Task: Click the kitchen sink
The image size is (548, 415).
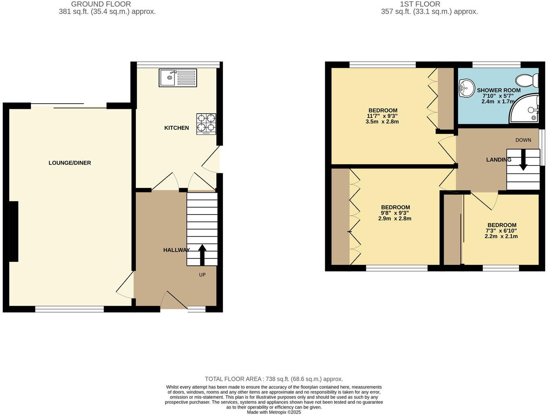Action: (x=178, y=78)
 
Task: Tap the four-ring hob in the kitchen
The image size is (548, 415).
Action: (x=206, y=124)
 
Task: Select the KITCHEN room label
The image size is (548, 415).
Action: (x=176, y=128)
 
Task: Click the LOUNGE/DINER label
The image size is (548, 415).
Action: (x=70, y=163)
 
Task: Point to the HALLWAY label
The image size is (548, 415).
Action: (x=176, y=250)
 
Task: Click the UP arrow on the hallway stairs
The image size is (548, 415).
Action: (x=202, y=254)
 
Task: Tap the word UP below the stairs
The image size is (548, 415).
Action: (x=202, y=275)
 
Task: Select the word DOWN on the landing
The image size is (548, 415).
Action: (x=523, y=140)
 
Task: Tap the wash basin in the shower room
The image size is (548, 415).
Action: (x=467, y=88)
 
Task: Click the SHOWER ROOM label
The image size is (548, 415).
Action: (x=498, y=90)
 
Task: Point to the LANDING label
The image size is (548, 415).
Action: (x=498, y=160)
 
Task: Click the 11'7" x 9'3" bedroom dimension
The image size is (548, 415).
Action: (x=382, y=116)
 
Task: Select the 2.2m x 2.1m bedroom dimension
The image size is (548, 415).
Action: (x=501, y=236)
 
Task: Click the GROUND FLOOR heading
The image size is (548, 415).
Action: (x=101, y=4)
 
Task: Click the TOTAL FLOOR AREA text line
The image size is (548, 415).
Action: (x=274, y=379)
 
